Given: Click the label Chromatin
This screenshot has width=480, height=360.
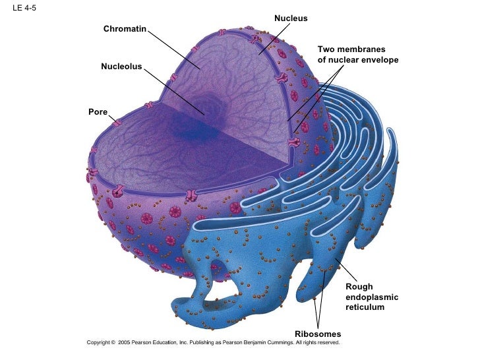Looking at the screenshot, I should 125,29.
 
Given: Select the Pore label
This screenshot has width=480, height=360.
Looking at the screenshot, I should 98,112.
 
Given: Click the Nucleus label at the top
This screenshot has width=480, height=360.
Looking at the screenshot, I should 291,18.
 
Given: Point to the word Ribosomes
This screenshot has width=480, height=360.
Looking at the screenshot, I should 317,334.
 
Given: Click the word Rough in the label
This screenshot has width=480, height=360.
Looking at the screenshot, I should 359,287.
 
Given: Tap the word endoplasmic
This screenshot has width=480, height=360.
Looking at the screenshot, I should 371,297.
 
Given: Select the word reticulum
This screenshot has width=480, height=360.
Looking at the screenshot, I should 364,308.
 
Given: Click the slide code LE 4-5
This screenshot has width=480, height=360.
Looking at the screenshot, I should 24,8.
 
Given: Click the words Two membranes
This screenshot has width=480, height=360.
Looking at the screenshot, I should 351,49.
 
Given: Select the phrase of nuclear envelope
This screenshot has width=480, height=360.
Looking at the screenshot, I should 357,60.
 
